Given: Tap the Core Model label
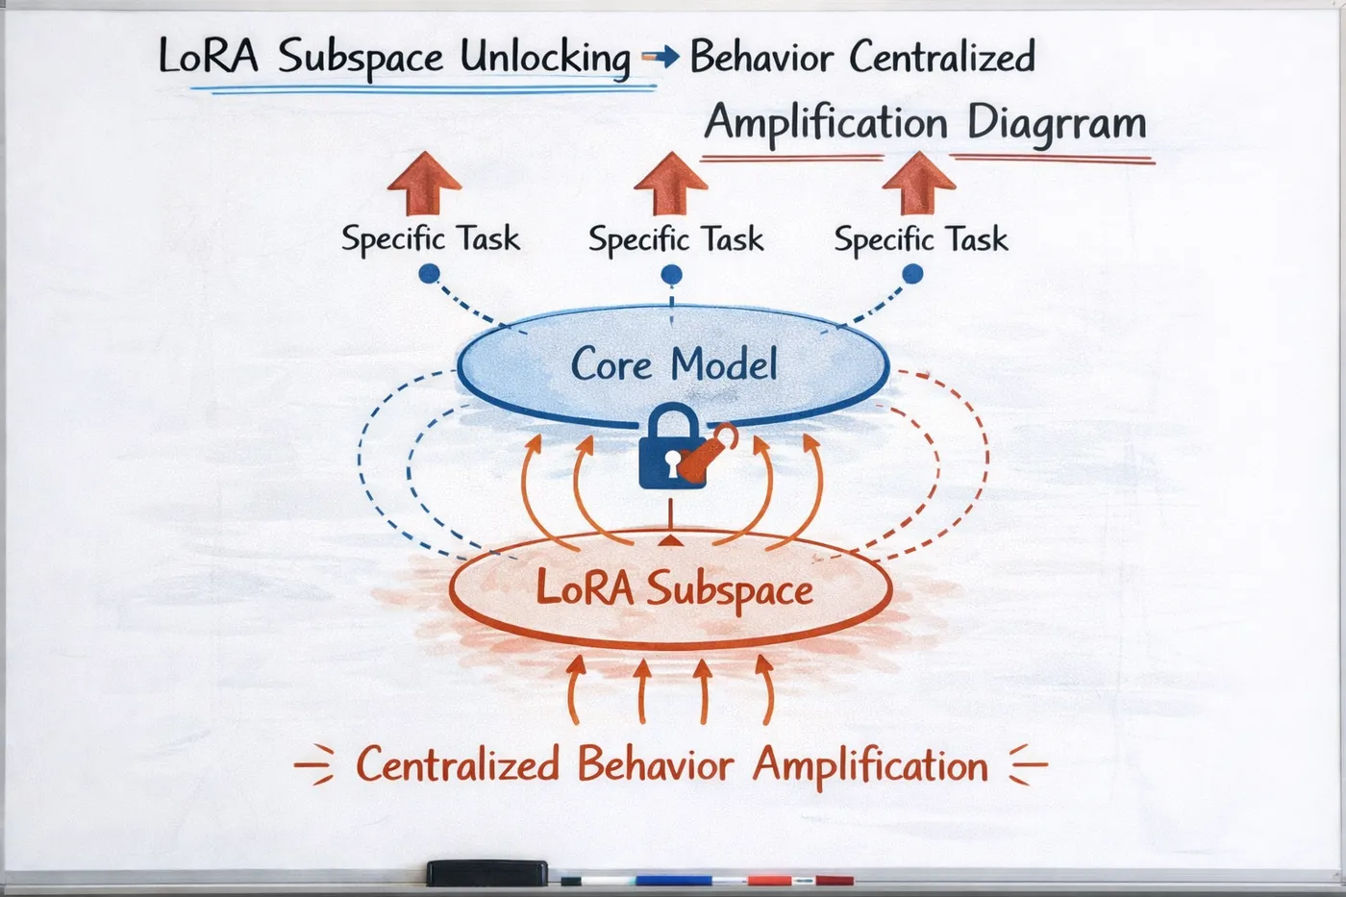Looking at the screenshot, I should (674, 365).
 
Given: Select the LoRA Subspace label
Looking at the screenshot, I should (674, 588).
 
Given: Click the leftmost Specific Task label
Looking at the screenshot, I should (430, 238).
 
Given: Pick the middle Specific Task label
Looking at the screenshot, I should (676, 238).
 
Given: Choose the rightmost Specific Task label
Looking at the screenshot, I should (921, 238).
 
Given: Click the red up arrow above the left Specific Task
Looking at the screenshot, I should (424, 184).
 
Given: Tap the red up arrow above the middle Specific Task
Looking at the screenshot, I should (671, 184).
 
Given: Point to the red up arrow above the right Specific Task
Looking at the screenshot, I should (919, 184).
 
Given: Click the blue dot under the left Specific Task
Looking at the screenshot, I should (430, 275).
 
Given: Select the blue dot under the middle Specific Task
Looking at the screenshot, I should (672, 276).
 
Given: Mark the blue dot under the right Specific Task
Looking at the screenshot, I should (912, 275).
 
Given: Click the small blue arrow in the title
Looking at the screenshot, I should (660, 58).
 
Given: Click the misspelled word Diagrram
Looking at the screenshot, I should (1056, 124).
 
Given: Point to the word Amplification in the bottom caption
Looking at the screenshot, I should (870, 766).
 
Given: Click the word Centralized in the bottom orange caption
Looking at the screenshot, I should (458, 765).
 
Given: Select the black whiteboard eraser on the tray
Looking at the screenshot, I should (486, 872).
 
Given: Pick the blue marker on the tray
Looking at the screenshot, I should (673, 880).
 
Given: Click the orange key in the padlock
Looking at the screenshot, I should (708, 454).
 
